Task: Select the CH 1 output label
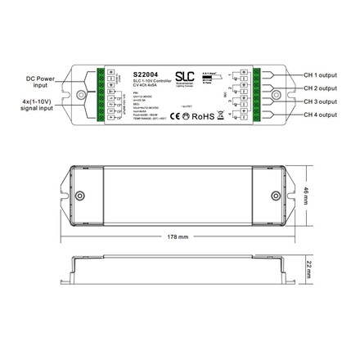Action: (x=320, y=73)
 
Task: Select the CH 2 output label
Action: (x=320, y=88)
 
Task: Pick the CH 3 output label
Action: (x=320, y=101)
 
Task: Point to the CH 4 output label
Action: (x=320, y=115)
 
